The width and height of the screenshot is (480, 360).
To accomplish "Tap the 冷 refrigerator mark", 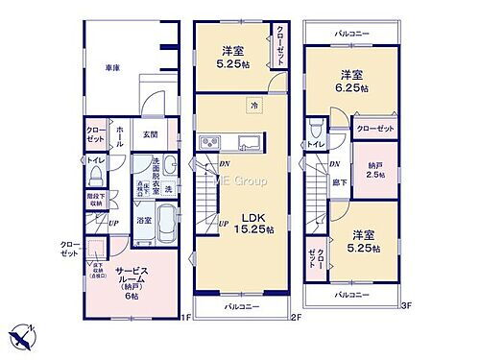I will [x=254, y=104].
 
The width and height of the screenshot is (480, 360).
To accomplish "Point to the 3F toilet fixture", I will [x=317, y=128].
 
